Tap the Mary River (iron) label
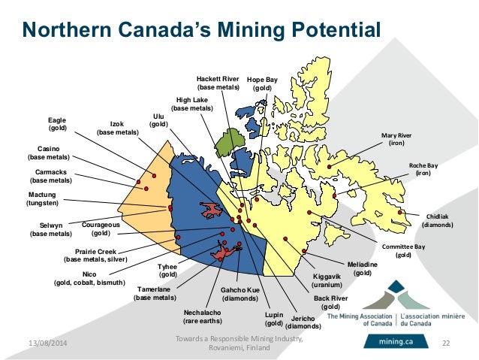point(398,139)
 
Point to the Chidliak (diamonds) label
point(436,220)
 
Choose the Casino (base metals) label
point(49,153)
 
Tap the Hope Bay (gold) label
point(262,83)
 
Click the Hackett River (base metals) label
point(218,83)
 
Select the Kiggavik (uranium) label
point(327,281)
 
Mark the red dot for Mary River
point(328,163)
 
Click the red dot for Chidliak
point(401,212)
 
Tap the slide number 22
point(445,343)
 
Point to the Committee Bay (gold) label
point(404,250)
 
